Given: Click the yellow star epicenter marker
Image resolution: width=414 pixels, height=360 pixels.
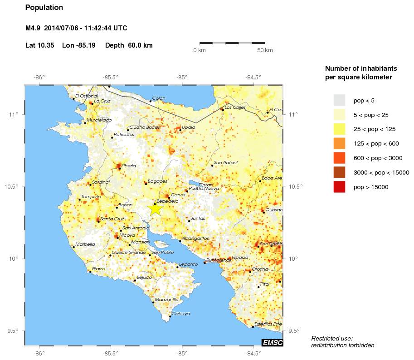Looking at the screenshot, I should coord(155,209).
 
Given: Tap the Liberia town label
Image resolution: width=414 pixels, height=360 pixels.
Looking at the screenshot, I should coord(129,166).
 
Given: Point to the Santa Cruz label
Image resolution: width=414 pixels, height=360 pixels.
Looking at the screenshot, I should coord(112,219).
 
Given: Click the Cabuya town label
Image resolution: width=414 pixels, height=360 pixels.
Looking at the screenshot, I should coord(180,314).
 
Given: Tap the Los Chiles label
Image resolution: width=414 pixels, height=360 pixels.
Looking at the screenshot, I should coord(235,107).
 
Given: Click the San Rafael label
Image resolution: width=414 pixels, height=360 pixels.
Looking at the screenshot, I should coord(225,163).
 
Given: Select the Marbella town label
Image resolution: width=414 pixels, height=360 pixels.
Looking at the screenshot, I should coord(85,244).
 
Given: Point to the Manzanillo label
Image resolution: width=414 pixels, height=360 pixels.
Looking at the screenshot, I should coord(166,300).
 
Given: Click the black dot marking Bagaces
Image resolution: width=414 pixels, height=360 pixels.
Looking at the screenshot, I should coord(146,184).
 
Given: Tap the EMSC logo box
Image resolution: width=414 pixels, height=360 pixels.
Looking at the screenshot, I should coord(272,343).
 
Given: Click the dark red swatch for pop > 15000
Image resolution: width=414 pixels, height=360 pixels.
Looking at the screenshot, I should coord(339,187).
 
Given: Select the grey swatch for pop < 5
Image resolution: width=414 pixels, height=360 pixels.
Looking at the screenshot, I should coord(339,100).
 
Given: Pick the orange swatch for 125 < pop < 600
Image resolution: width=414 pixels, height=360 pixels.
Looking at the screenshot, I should coord(339,144).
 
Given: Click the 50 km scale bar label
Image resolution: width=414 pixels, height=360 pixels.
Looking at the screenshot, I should coord(265,50).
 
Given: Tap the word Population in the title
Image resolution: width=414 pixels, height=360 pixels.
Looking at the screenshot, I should coord(44,8).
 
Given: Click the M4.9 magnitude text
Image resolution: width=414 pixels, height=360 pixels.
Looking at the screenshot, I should coord(33,28).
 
